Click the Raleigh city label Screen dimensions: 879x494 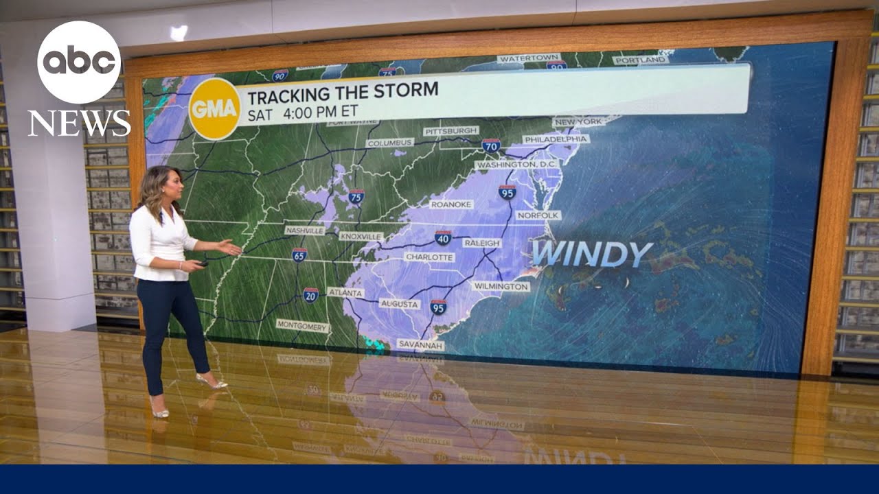point(482,243)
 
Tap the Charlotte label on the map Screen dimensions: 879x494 point(429,257)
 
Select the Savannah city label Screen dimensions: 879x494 point(420,345)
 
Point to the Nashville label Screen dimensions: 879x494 point(304,231)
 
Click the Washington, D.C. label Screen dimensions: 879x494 point(516,165)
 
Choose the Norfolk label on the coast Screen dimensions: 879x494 point(538,215)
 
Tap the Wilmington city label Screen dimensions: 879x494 point(501,286)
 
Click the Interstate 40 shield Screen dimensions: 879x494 point(443,238)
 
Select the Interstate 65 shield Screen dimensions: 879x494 point(299,255)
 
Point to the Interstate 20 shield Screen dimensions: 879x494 point(310,295)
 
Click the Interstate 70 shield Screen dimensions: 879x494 point(490,145)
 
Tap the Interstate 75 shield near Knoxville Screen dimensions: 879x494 point(356,197)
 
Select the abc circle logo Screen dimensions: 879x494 point(79,62)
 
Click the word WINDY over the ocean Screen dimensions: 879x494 point(591,254)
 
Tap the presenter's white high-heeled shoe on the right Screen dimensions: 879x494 point(212,381)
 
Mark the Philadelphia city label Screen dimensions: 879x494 point(556,139)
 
